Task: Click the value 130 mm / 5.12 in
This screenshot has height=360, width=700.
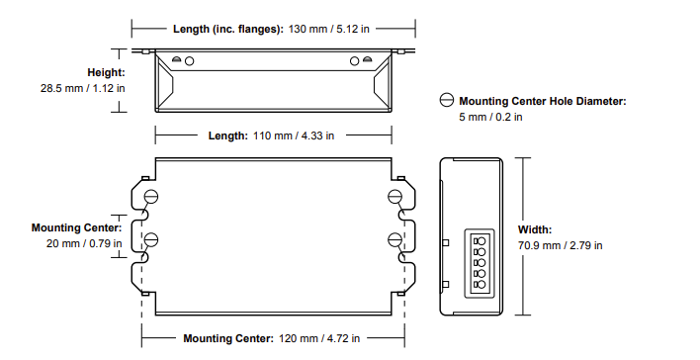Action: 329,29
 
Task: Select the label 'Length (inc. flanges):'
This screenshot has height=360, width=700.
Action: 228,29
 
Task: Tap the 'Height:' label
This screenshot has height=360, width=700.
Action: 106,72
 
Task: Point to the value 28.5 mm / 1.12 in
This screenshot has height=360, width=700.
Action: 83,88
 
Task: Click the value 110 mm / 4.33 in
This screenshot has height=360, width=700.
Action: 294,135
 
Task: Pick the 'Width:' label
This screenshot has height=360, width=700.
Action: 535,229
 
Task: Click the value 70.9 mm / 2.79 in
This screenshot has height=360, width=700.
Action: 560,245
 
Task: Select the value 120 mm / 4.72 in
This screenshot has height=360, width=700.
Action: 319,338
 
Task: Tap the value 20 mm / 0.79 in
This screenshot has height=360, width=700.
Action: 84,243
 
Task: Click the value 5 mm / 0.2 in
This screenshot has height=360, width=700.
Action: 490,117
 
